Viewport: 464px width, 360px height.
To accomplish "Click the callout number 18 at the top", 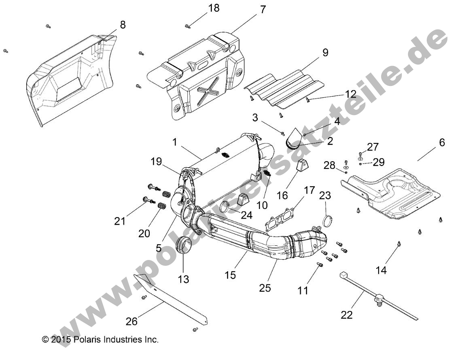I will tap(214, 8).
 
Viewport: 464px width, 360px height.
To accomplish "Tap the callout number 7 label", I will tap(263, 10).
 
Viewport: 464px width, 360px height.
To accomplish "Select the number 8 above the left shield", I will tap(123, 25).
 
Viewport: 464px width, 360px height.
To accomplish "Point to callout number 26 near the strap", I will tap(132, 322).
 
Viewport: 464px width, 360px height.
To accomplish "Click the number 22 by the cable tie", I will tap(347, 315).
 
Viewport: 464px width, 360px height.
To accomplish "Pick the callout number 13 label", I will tap(183, 279).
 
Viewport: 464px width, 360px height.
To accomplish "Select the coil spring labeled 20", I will tap(162, 206).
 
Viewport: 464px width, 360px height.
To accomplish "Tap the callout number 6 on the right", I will tap(441, 143).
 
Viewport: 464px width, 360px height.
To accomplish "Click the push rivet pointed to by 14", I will tap(400, 243).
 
